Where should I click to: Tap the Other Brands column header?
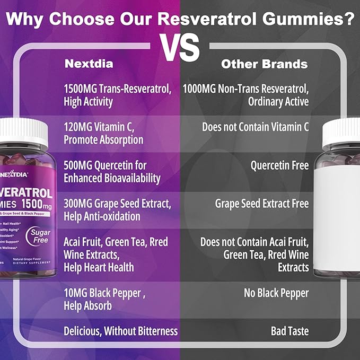coord(264,64)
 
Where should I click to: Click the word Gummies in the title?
coord(308,20)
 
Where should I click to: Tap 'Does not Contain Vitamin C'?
coord(255,127)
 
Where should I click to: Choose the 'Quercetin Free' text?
coord(279,165)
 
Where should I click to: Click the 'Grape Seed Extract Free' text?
coord(261,204)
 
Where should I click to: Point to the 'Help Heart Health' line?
coord(99,267)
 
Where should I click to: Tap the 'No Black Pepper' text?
coord(276,293)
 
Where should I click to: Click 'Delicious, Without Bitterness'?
coord(120,331)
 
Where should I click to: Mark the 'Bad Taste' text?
coord(289,331)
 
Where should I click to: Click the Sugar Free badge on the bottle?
coord(40,236)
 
